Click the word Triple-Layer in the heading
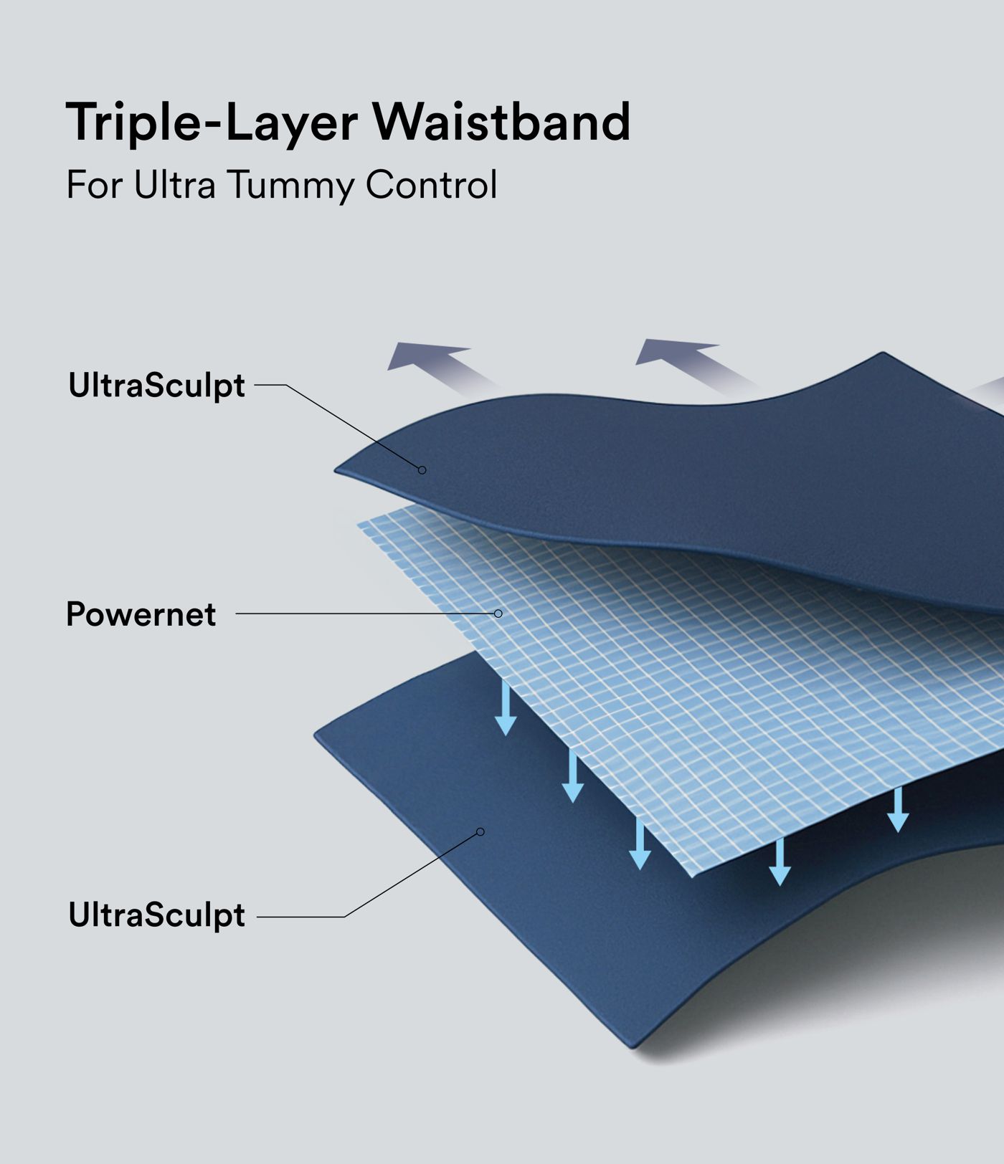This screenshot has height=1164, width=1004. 212,123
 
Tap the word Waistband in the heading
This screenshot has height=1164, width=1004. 501,123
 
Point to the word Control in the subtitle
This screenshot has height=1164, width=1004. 431,185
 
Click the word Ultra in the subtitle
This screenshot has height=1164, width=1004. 174,185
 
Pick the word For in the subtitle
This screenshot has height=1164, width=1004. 93,185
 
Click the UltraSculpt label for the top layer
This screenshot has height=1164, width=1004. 156,386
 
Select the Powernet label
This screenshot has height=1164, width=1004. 141,614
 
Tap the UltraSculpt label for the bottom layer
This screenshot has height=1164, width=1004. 156,915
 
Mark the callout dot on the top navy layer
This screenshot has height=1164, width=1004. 422,470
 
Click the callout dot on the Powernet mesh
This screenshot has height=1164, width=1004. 498,614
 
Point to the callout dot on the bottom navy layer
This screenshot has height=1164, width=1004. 480,831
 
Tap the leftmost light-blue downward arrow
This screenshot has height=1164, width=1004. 506,710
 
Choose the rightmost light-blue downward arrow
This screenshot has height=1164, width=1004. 898,810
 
